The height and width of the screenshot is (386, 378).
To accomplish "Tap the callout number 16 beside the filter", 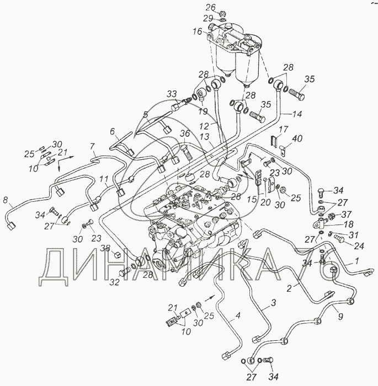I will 197,33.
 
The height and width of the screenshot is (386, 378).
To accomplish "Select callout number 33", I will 172,93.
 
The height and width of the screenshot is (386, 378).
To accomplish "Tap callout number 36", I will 184,133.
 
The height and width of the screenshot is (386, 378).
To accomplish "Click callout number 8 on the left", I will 6,200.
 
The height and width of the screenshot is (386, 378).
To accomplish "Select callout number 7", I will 93,146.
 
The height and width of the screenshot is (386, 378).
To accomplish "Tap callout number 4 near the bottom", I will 238,316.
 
